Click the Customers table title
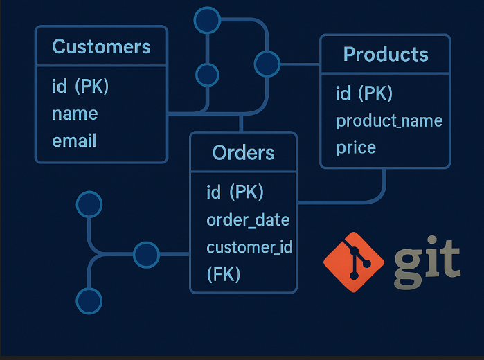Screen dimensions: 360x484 coord(101,47)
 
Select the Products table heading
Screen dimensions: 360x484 coord(385,54)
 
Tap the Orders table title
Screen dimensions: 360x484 coord(243,153)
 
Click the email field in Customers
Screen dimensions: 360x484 coord(74,141)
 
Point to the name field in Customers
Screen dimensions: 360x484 coord(75,114)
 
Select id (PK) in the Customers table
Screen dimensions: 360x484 coord(80,87)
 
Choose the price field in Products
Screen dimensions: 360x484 coord(356,147)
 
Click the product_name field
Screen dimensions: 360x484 coord(388,120)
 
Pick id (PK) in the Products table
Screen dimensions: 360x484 coord(364,93)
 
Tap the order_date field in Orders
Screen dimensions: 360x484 coord(247,220)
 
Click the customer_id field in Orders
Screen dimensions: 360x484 coord(249,247)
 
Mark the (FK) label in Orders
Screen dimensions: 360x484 coord(223,274)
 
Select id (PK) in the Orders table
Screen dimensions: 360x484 coord(235,192)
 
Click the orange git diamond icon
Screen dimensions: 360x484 coord(353,262)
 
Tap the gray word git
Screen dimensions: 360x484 coord(427,263)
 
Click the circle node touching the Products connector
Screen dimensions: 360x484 coord(267,64)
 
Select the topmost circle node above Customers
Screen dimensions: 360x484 coord(206,21)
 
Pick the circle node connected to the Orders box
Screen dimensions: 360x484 coord(146,255)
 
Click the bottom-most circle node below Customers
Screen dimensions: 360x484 coord(89,301)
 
